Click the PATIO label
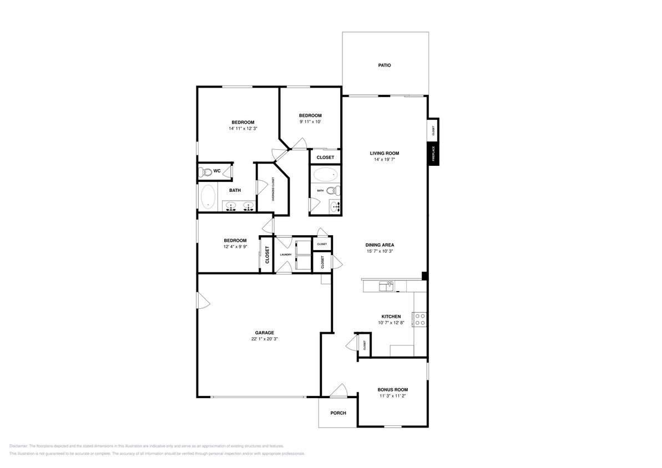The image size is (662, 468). pos(385,65)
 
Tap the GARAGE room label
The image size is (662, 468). pos(264,333)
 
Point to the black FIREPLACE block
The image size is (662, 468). pos(433,154)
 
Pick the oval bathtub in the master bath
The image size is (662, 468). pos(208,197)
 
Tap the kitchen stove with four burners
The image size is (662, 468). pos(421,319)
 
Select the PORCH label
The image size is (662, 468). pos(338,413)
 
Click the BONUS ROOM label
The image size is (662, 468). pos(393,390)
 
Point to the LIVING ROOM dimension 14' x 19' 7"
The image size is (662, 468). pos(385,160)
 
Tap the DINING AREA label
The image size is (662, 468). pos(380,245)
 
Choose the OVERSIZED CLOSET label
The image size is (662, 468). pos(273,189)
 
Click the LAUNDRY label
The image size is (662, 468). pos(286,255)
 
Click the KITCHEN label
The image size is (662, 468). pos(391,317)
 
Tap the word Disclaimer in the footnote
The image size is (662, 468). pos(18,446)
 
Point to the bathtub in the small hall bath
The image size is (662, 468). pos(325,175)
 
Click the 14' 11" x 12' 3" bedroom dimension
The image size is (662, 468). pos(243,128)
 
